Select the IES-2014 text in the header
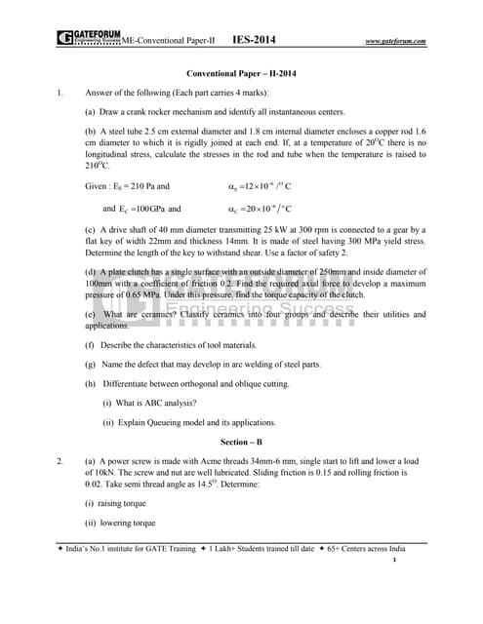(254, 40)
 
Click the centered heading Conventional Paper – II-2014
(241, 74)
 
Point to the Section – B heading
(241, 441)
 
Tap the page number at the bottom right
(421, 562)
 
